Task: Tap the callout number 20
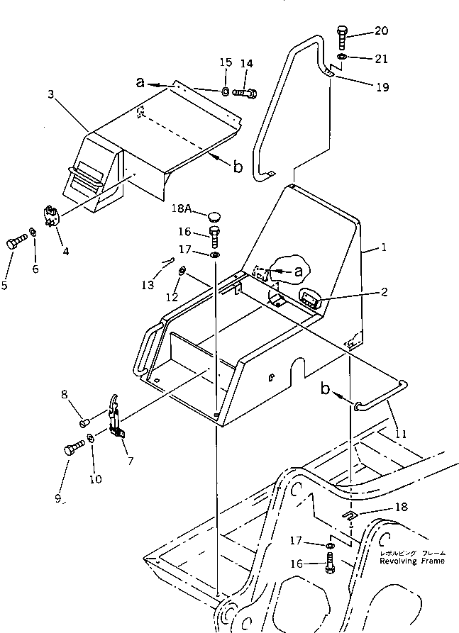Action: [382, 30]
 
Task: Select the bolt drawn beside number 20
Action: [342, 36]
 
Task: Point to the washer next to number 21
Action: [342, 56]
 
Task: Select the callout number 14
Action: [246, 63]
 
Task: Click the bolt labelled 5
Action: [15, 244]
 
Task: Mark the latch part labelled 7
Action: [116, 425]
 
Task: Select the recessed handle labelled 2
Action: [311, 299]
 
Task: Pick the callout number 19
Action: [382, 88]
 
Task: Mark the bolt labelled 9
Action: [74, 449]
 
